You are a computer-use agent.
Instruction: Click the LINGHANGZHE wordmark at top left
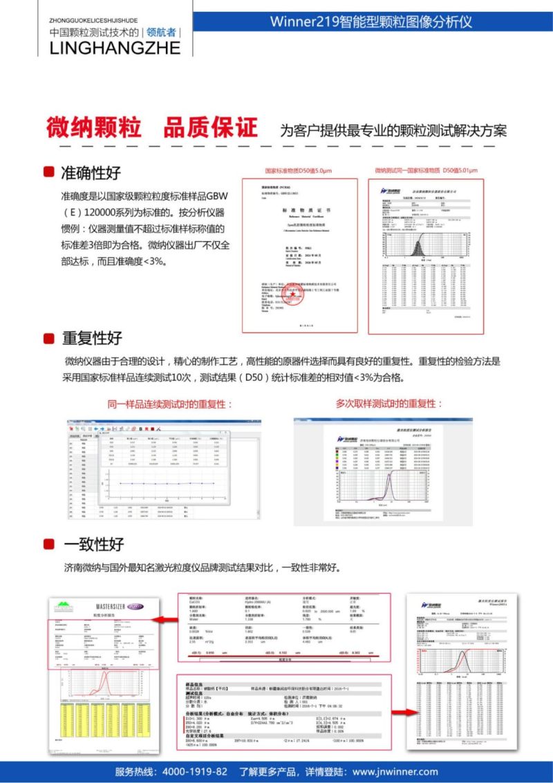click(x=115, y=47)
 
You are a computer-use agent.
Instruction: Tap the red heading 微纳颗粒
click(x=94, y=127)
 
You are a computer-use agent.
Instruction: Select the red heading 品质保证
click(x=210, y=127)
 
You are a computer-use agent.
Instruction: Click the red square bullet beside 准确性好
click(x=49, y=171)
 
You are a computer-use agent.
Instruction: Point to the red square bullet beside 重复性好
click(x=49, y=338)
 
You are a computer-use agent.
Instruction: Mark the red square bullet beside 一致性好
click(x=49, y=544)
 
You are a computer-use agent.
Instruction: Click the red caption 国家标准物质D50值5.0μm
click(x=299, y=171)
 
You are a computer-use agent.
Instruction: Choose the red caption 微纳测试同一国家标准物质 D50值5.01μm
click(x=427, y=170)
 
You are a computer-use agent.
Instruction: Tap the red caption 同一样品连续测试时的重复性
click(x=170, y=404)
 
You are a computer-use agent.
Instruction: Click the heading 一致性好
click(x=93, y=544)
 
